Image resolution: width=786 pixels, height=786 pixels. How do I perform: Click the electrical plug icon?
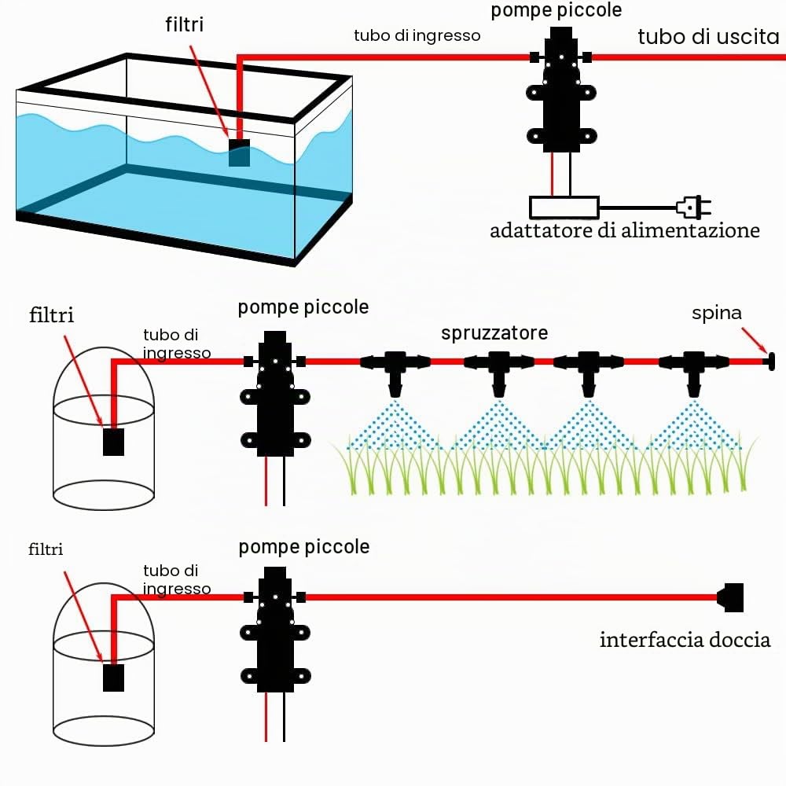(694, 207)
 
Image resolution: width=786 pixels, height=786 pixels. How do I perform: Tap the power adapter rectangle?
(564, 207)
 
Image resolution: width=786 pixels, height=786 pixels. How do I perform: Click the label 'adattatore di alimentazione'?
(625, 230)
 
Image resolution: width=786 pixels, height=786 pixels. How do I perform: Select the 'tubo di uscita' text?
(708, 37)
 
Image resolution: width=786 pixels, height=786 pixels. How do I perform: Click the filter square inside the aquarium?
(239, 152)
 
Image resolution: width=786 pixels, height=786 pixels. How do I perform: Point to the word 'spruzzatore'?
(494, 333)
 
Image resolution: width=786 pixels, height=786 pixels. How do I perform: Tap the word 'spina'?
(716, 314)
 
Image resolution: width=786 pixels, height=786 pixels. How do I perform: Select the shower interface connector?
(730, 597)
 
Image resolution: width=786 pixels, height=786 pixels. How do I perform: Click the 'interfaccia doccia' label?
(685, 640)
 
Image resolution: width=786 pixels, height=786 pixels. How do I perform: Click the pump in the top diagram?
(561, 90)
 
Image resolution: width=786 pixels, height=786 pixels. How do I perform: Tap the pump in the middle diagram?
(275, 394)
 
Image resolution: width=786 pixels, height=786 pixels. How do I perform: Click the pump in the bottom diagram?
(275, 630)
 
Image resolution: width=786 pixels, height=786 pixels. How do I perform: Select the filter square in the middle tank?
(113, 442)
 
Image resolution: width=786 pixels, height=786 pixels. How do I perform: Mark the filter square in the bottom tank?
(113, 678)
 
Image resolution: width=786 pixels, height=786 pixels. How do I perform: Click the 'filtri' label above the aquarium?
(185, 24)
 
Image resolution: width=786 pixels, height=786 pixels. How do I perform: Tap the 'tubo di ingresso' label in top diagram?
(417, 35)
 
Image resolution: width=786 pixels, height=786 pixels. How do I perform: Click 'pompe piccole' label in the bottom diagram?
(303, 547)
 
